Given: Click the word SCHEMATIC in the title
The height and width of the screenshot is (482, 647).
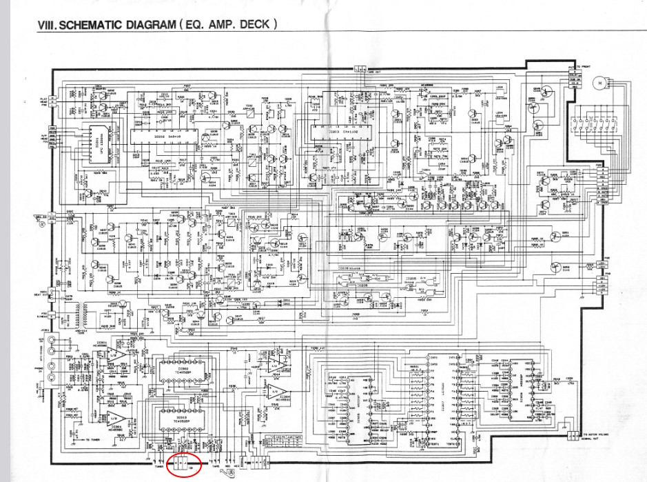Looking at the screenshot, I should [92, 25].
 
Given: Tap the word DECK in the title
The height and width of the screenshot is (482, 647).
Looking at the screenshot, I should [256, 25].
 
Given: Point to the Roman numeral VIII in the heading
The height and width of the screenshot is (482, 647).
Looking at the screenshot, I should [46, 25].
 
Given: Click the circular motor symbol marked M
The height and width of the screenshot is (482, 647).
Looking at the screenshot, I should [599, 83].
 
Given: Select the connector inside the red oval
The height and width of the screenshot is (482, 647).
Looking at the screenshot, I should [183, 465].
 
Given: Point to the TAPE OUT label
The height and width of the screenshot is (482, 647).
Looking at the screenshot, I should [373, 71].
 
